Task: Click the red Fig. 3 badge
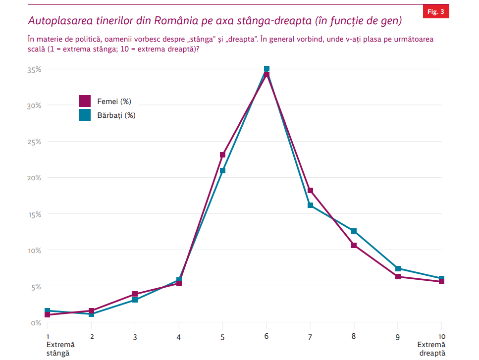pos(436,12)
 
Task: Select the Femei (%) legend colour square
pos(85,101)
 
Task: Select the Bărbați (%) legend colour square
pos(85,115)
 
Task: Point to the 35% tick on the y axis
pos(34,70)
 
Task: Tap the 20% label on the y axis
pos(34,178)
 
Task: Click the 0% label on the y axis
pos(36,323)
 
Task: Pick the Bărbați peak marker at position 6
pos(266,69)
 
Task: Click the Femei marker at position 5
pos(223,154)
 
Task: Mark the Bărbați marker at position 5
pos(223,170)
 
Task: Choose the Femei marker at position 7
pos(310,190)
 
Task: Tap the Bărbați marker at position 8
pos(354,231)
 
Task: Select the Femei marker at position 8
pos(354,245)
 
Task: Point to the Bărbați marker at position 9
pos(398,268)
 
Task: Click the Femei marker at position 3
pos(135,294)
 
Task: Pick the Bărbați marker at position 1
pos(48,310)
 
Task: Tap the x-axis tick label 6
pos(266,337)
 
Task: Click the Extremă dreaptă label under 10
pos(431,349)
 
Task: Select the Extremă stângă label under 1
pos(58,349)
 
